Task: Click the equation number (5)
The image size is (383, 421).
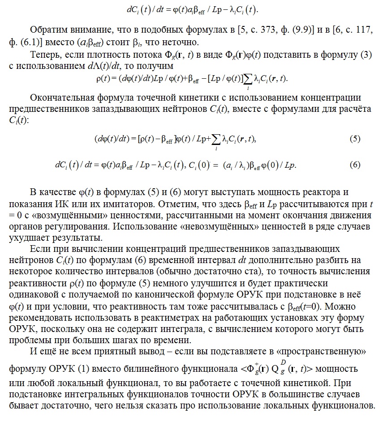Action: [x=355, y=139]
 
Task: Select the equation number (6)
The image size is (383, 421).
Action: [x=355, y=165]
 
